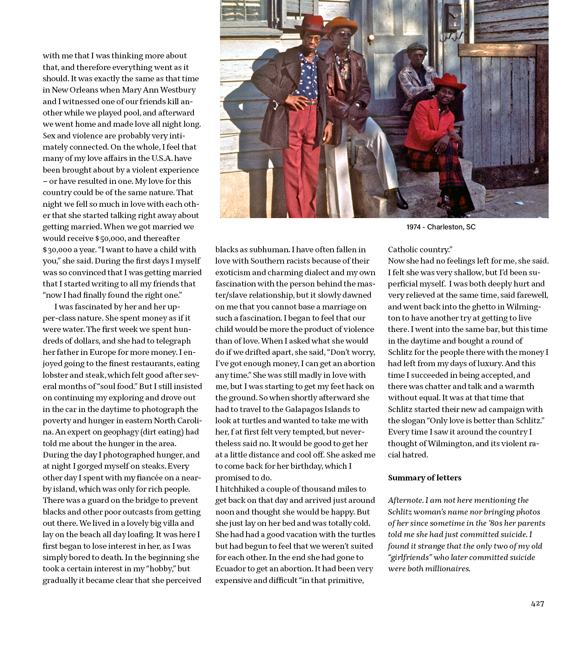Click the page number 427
537,604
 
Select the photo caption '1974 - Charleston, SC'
440,227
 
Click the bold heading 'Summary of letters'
424,478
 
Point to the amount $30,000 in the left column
57,250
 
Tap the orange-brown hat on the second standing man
341,24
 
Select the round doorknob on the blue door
370,37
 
